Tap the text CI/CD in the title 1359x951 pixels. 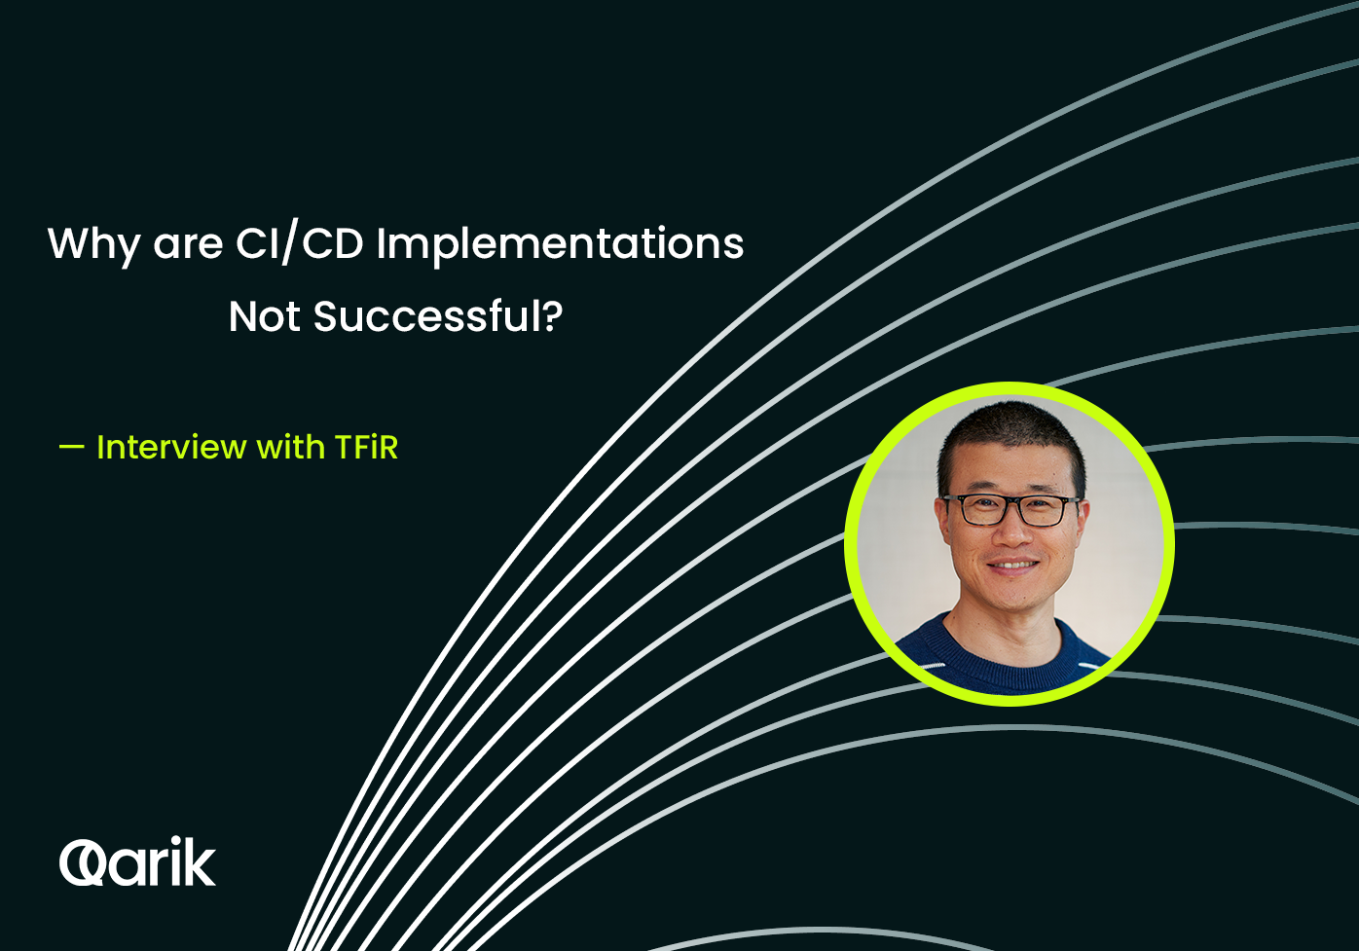click(299, 244)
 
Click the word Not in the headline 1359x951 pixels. click(264, 316)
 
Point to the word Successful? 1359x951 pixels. click(438, 315)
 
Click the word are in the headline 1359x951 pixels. click(188, 245)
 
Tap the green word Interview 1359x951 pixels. click(171, 447)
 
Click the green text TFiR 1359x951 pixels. click(366, 447)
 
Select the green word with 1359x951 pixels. click(291, 447)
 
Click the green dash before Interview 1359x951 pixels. click(71, 448)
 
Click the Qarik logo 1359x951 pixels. click(137, 860)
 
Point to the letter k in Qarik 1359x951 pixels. click(199, 860)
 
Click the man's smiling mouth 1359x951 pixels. click(1012, 566)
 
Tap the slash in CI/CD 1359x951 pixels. click(290, 244)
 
